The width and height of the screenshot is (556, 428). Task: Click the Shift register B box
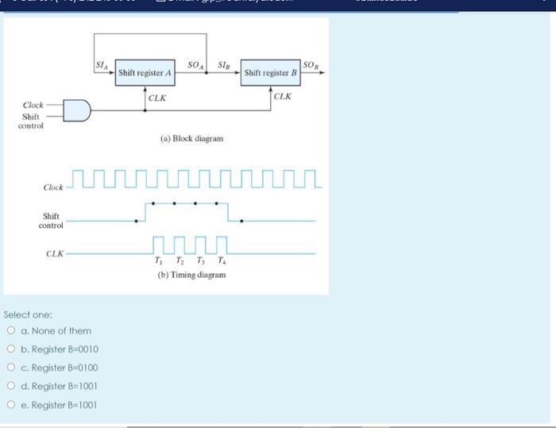tap(270, 73)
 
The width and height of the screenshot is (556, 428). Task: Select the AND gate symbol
tap(77, 110)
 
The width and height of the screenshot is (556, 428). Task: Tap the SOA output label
tap(194, 64)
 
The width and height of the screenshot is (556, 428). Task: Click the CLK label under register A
tap(157, 98)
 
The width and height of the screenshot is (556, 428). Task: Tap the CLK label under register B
tap(283, 96)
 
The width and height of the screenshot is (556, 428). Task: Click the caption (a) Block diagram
tap(191, 138)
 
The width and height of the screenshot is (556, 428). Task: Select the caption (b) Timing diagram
tap(191, 275)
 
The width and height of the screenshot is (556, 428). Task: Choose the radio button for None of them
tap(11, 331)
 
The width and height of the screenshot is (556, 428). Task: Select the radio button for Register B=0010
tap(11, 349)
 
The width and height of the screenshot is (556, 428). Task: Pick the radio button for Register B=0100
tap(11, 368)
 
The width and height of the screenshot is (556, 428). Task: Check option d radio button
tap(11, 386)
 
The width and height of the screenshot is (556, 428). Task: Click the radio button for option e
tap(11, 404)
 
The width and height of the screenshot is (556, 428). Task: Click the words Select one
tap(28, 314)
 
